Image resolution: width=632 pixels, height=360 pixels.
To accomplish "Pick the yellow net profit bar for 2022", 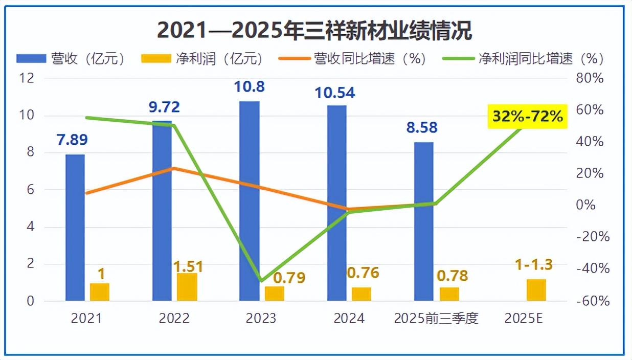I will [x=187, y=287].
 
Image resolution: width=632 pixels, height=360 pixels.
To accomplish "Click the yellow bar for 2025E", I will [x=536, y=290].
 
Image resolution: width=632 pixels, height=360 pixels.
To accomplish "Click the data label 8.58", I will [x=422, y=127].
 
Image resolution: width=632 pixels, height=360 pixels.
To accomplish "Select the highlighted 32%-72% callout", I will [x=527, y=117].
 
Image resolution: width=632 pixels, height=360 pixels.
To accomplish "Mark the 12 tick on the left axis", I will [x=27, y=78].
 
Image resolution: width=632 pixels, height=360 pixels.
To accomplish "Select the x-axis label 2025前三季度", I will [x=436, y=318].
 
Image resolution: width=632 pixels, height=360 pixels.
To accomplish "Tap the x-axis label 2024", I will [x=349, y=318].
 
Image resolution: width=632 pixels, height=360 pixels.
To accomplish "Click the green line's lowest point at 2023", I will [x=262, y=281].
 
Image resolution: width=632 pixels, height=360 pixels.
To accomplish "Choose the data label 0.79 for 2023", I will [x=289, y=278].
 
